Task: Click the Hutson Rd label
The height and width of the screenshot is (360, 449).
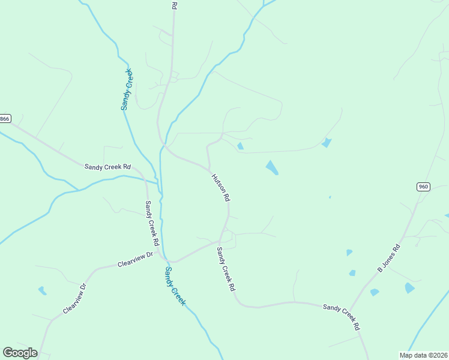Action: click(x=220, y=187)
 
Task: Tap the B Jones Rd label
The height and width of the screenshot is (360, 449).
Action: click(x=388, y=259)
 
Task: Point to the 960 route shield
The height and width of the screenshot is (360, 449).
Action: click(x=423, y=187)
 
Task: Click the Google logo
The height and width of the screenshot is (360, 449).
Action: click(x=20, y=353)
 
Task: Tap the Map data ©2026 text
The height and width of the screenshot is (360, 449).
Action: click(x=423, y=355)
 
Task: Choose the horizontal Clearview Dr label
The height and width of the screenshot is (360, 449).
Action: click(x=136, y=259)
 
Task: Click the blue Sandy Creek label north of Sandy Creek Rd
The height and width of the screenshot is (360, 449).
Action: click(x=127, y=89)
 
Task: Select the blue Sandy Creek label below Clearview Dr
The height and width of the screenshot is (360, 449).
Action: click(x=175, y=287)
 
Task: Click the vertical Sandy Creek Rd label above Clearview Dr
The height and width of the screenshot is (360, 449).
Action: click(x=151, y=223)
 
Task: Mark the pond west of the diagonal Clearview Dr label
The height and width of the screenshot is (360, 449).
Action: click(x=43, y=291)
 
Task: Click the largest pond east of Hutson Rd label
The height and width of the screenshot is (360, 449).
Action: click(x=272, y=168)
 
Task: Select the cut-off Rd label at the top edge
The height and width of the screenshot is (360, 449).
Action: click(x=174, y=5)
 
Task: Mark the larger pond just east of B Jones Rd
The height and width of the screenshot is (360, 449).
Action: click(x=409, y=288)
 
